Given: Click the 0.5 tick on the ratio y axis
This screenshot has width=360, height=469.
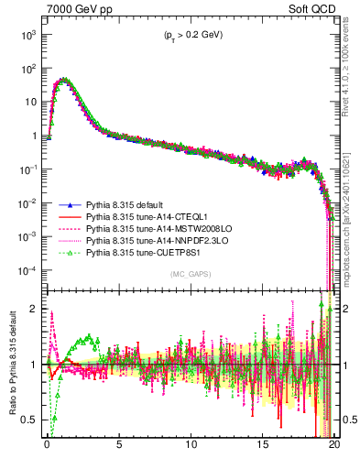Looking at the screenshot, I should coord(29,420).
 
